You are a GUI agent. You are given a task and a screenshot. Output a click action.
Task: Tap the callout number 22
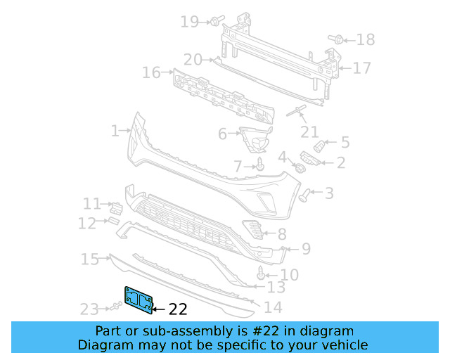pos(179,309)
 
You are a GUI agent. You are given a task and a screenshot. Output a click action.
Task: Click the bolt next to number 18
pos(336,39)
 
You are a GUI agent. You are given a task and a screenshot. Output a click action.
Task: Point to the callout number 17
pos(361,68)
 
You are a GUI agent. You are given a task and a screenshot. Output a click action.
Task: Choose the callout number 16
pos(151,72)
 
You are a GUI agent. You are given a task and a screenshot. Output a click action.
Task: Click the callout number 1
pos(115,131)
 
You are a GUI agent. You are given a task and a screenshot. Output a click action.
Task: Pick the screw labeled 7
pos(260,165)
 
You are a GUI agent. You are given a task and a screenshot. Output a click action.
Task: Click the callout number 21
pos(309,131)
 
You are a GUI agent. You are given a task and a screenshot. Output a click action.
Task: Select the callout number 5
pos(345,143)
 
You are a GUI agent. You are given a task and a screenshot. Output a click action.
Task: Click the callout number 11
pos(92,204)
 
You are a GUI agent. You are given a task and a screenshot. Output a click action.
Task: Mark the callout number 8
pos(282,234)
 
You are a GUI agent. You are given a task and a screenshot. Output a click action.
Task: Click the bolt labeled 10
pos(263,271)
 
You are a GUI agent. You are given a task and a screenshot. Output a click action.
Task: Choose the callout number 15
pos(90,260)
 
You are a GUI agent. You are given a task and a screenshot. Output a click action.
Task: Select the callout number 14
pos(272,307)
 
